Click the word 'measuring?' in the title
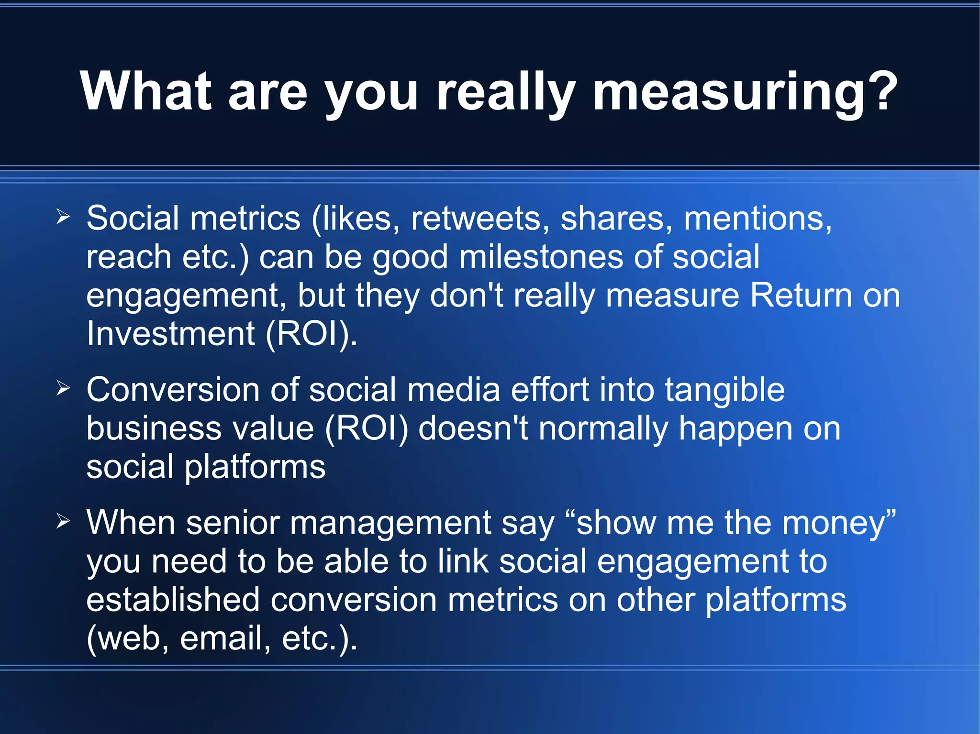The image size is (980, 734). [745, 92]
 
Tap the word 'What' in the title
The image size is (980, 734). [145, 92]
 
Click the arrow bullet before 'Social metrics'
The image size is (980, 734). [63, 217]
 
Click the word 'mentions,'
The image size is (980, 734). [758, 219]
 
